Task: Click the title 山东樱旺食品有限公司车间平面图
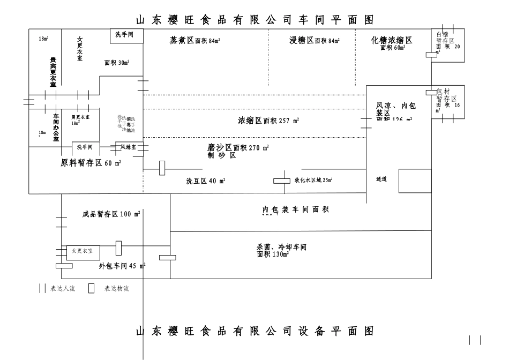tap(254, 20)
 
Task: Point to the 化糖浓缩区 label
tap(392, 41)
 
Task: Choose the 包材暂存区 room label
tap(447, 95)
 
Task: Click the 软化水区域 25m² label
tap(313, 181)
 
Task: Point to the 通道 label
tap(381, 179)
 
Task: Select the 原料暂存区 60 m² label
tap(91, 163)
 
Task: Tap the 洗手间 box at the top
tap(126, 35)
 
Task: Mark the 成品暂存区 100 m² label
tap(111, 214)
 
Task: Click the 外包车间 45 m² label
tap(122, 266)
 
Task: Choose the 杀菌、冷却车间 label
tap(281, 247)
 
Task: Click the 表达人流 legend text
tap(63, 289)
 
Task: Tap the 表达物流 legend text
tap(116, 289)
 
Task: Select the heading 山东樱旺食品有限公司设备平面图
tap(254, 331)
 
